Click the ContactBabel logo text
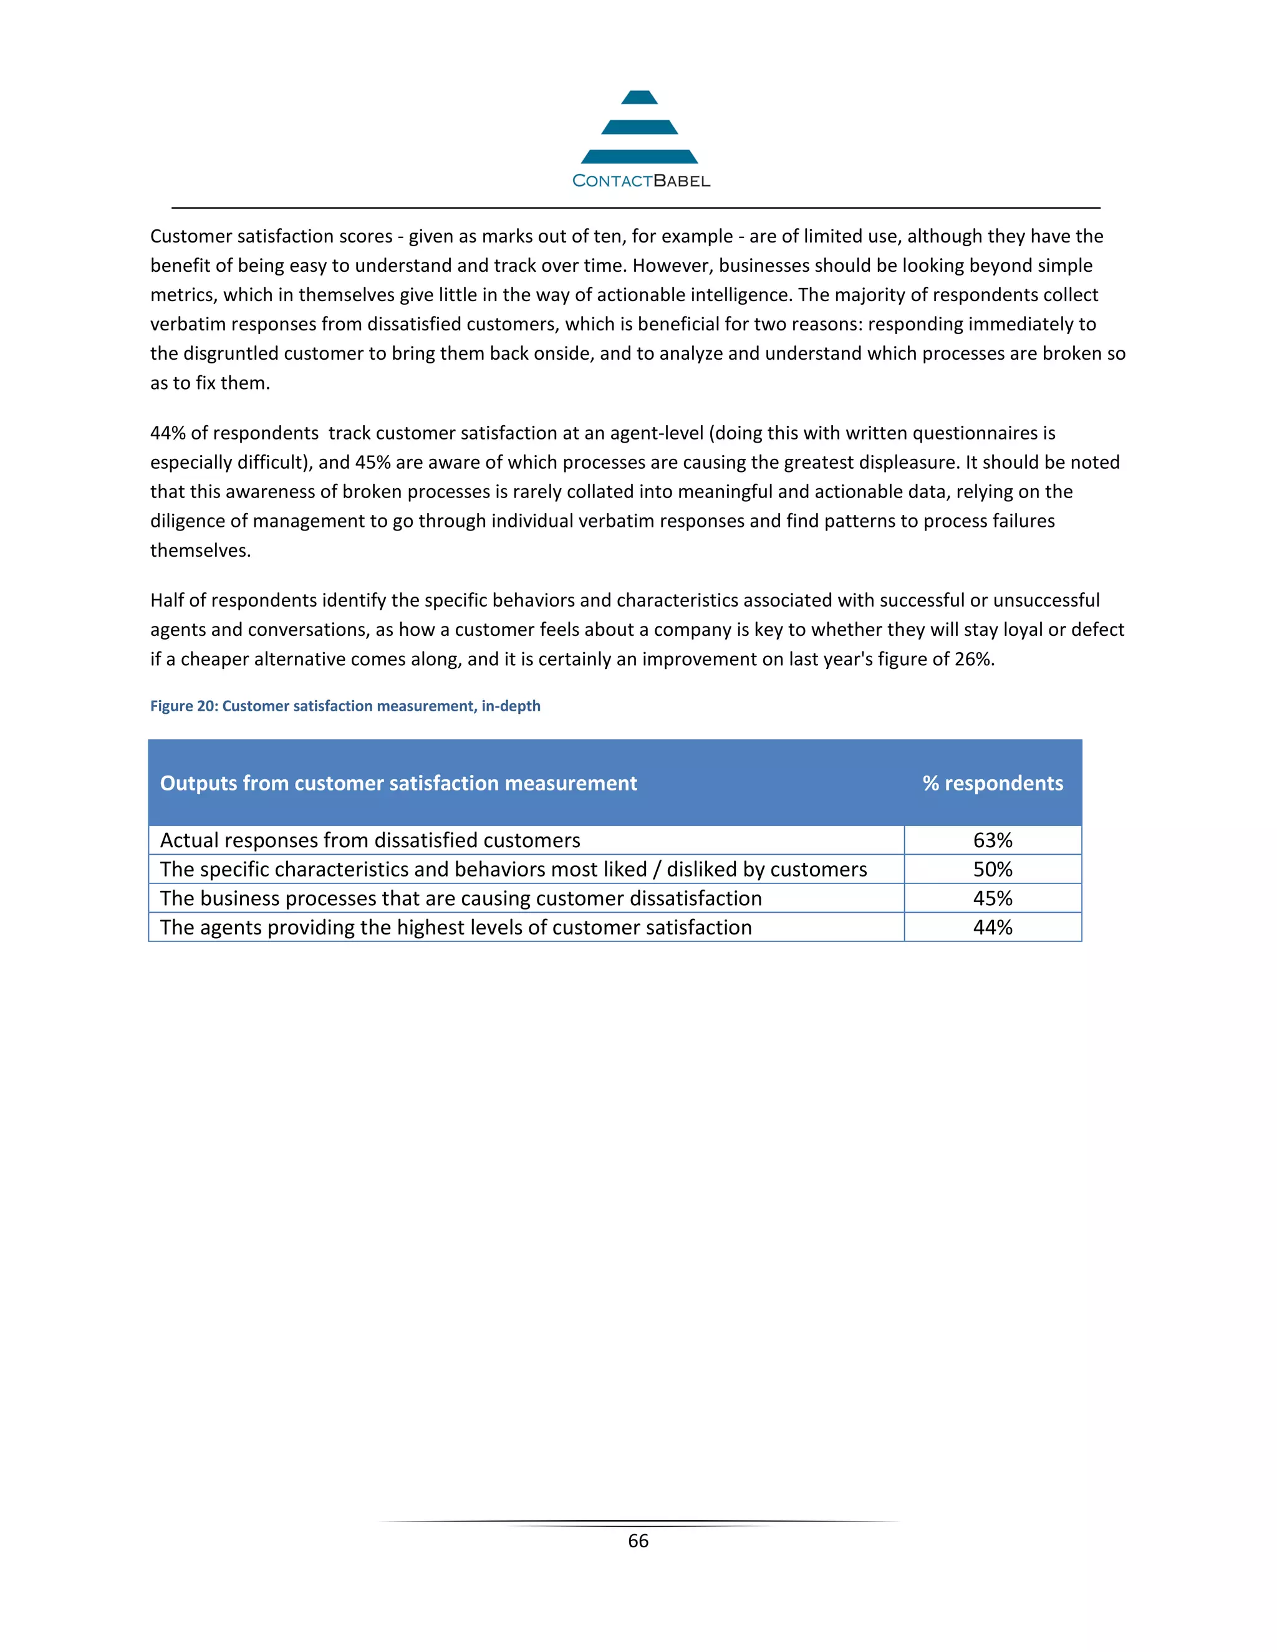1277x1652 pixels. point(641,181)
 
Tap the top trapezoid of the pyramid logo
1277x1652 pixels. point(639,98)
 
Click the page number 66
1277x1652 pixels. point(638,1541)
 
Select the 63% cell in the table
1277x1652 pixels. point(992,840)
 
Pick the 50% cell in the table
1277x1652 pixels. point(992,869)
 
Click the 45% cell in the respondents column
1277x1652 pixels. point(992,898)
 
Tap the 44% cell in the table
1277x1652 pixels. point(992,928)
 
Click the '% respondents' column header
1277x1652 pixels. point(992,783)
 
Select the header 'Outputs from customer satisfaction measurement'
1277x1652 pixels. point(398,783)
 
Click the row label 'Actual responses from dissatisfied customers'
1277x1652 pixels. point(370,840)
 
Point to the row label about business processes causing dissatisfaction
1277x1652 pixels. point(461,898)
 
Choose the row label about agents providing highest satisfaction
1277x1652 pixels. point(455,928)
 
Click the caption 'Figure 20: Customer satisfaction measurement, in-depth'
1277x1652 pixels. point(345,706)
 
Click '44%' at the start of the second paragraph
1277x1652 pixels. point(167,433)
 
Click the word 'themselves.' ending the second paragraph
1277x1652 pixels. point(200,550)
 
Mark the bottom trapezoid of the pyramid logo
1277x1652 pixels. point(639,156)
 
